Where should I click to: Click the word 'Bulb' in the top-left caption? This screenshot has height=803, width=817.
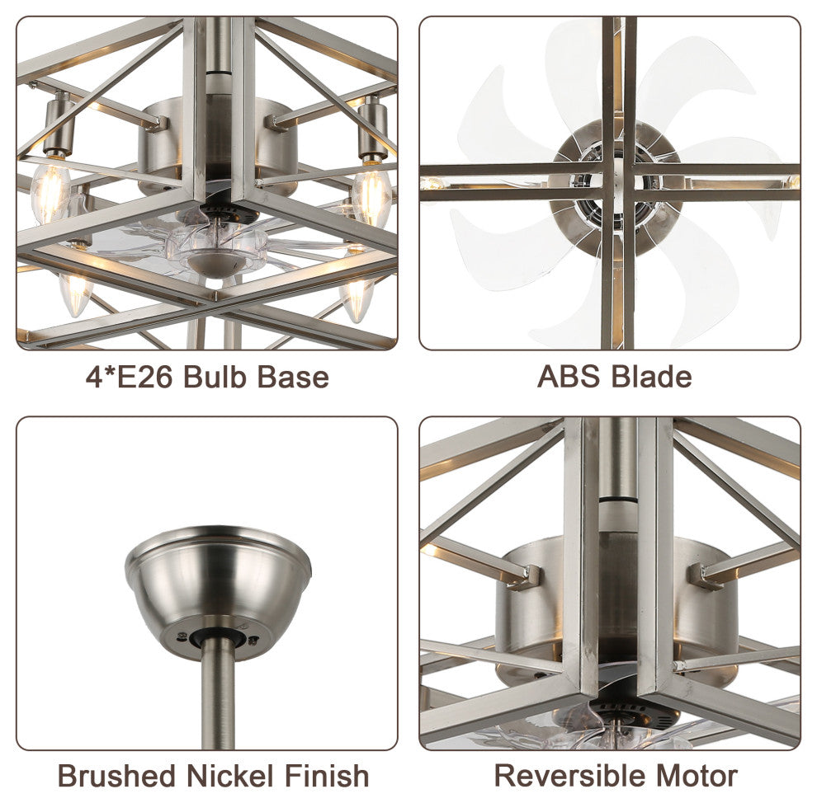[x=216, y=377]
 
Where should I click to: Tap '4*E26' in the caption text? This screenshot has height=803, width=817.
[x=129, y=377]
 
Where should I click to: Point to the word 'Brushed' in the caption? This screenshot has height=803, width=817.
[x=116, y=776]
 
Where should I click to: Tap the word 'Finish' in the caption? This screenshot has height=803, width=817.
[x=327, y=776]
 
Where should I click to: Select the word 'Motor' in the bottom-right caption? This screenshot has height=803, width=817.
[x=697, y=776]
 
